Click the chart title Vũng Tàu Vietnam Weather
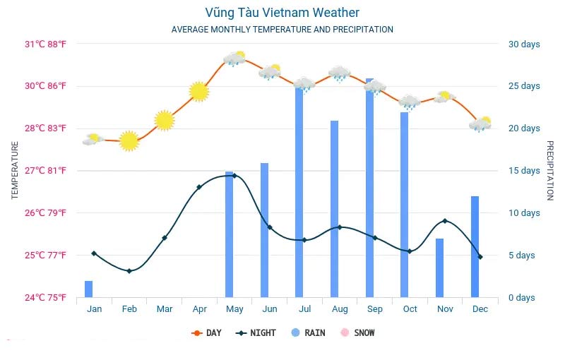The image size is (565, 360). click(282, 13)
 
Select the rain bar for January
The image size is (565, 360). click(89, 289)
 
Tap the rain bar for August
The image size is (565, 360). click(335, 209)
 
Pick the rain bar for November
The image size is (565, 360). click(440, 268)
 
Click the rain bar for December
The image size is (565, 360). click(475, 247)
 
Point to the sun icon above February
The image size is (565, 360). click(129, 140)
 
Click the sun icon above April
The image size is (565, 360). click(199, 91)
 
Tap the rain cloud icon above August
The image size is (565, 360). click(340, 73)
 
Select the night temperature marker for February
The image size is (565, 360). click(129, 271)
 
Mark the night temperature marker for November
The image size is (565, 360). click(444, 221)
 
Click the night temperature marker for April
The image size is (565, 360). click(199, 187)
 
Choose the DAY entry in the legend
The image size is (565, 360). click(206, 332)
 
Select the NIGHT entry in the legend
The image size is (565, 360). click(256, 332)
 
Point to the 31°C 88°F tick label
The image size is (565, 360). click(46, 44)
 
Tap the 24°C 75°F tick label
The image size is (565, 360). click(46, 298)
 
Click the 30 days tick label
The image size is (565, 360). click(524, 44)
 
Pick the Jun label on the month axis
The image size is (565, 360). click(270, 309)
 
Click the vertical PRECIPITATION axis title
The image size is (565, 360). click(550, 170)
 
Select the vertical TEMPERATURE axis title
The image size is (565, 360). click(15, 170)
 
